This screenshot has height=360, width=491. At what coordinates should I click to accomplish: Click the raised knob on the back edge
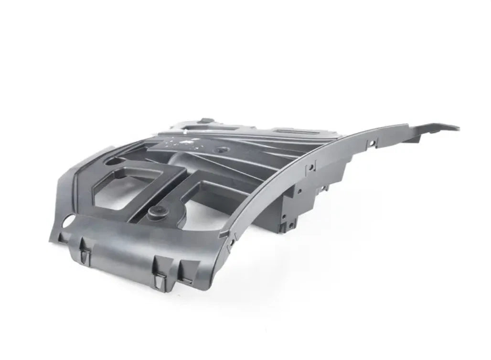tap(206, 120)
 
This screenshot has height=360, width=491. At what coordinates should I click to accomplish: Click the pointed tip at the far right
tap(458, 128)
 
